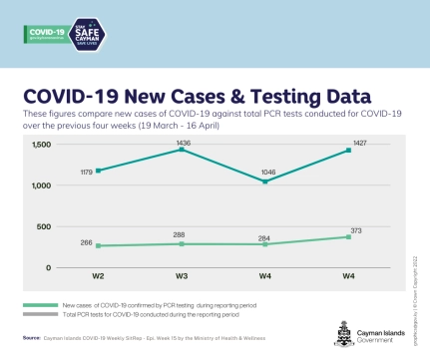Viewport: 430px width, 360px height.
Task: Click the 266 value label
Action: pyautogui.click(x=87, y=241)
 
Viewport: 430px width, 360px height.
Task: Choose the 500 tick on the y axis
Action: pyautogui.click(x=43, y=226)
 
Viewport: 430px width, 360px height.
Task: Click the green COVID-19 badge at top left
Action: pyautogui.click(x=43, y=32)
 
